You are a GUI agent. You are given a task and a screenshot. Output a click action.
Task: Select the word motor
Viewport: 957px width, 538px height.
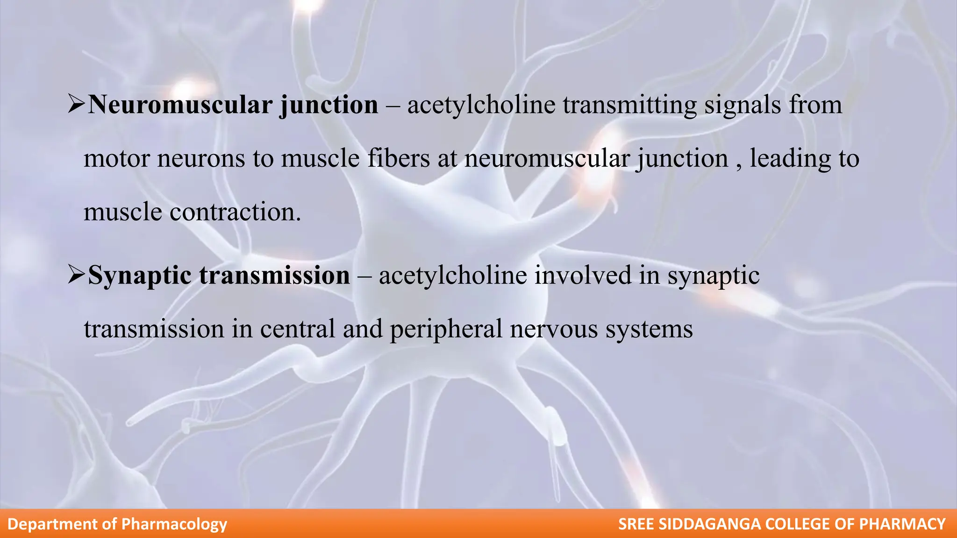point(117,159)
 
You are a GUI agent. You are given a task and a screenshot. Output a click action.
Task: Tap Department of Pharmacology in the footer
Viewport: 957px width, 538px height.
point(117,524)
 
